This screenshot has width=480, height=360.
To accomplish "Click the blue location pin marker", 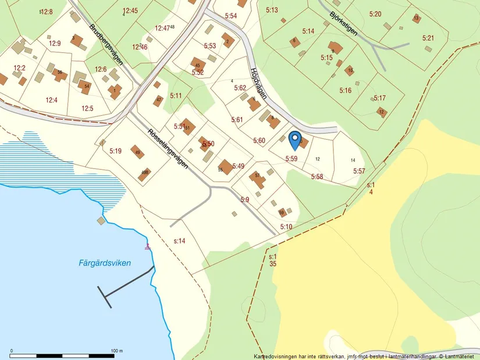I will (295, 140).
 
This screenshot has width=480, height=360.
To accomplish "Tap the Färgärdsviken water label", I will (105, 263).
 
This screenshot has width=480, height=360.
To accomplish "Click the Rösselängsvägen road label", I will (168, 148).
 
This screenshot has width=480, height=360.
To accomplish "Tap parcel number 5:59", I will (291, 159).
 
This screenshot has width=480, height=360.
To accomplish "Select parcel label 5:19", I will (115, 151).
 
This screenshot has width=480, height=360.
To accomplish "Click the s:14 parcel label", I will (179, 241).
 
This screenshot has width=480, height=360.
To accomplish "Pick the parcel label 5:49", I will (238, 166).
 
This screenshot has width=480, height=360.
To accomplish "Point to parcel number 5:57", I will (359, 171).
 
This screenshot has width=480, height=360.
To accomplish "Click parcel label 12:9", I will (55, 43).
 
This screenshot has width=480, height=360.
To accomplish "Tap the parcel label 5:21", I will (428, 38).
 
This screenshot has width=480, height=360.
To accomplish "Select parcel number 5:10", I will (286, 227).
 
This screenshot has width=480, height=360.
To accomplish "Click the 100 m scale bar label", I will (117, 351).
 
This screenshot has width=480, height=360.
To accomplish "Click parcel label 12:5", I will (87, 108).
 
